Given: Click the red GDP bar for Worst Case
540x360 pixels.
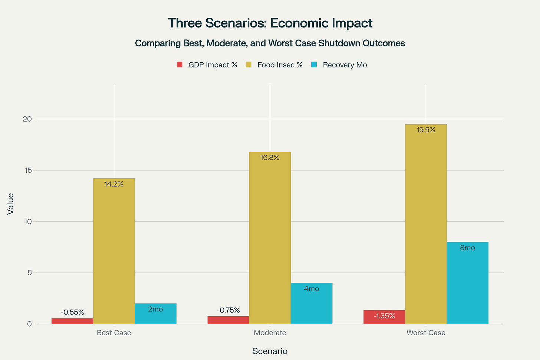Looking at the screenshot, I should point(384,317).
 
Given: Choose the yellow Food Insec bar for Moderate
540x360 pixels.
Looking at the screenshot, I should point(270,238).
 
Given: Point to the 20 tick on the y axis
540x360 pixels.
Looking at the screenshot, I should point(27,119).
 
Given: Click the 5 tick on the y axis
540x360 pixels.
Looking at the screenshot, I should point(29,273).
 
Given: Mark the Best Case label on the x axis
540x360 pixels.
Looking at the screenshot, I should point(114,333).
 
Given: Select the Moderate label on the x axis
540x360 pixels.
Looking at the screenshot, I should point(270,333).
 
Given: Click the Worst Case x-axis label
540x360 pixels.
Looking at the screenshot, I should point(426,333).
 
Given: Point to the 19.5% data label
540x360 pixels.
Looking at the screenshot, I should point(426,130).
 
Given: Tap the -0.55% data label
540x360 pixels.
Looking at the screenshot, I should point(72,313).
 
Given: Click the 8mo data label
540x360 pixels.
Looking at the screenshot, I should point(467,248).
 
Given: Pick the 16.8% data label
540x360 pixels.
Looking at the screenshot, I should point(270,158).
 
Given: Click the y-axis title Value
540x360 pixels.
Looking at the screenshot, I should point(10,204).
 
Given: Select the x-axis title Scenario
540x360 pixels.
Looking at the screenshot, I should point(270,351).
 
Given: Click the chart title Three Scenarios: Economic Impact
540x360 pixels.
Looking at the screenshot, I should point(270,23).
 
